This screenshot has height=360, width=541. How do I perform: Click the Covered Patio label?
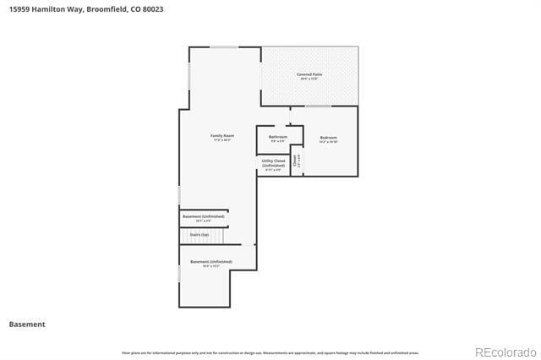309,74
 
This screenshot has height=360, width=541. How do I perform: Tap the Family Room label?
222,135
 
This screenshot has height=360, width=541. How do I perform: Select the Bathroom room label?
278,137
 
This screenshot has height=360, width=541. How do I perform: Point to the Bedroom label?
328,138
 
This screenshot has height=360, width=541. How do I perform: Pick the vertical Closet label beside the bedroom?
295,161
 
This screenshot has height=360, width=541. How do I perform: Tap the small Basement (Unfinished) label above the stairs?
204,216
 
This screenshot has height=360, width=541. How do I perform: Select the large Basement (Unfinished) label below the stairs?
210,262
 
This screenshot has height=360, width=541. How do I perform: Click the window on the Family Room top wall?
224,47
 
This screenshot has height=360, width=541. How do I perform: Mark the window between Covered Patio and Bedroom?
318,106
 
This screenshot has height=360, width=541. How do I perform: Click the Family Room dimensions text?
222,140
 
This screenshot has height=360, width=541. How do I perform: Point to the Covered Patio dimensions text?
309,79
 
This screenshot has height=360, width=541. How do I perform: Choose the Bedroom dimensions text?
328,142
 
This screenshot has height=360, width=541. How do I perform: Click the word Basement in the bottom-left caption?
27,325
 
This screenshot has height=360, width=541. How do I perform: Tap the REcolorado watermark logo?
505,352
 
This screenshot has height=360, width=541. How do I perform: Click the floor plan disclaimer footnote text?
270,353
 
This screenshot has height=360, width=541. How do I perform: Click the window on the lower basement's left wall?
179,274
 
